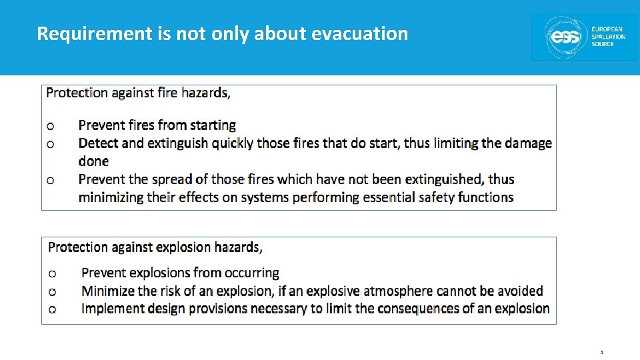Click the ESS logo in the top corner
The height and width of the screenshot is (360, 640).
584,37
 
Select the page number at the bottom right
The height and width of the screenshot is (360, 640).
601,353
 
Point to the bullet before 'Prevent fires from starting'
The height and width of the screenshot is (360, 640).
50,125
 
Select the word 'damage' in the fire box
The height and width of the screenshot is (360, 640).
528,143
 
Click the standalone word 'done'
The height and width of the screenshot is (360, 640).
93,161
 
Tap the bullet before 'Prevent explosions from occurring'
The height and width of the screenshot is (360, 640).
53,273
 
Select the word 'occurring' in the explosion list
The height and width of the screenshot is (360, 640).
251,273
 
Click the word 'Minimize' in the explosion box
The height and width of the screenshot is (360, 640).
108,291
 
